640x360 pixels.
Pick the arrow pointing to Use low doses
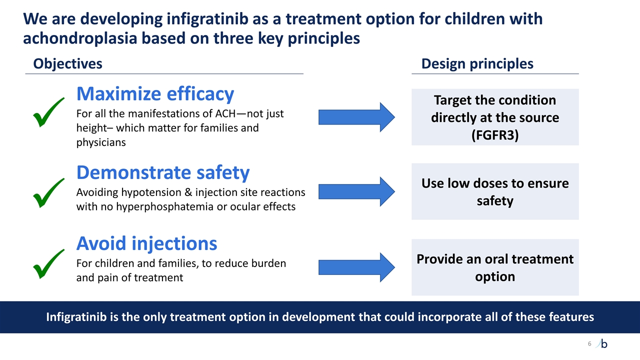click(x=356, y=191)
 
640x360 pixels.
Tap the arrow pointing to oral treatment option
click(x=356, y=267)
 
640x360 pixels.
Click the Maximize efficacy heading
click(x=155, y=93)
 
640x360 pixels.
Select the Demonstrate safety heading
click(x=162, y=172)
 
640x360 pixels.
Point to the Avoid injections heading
click(x=146, y=243)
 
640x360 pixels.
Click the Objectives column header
click(x=67, y=63)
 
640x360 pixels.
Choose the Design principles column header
click(x=477, y=63)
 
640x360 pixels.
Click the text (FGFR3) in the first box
click(x=495, y=135)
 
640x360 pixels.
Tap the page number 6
click(x=589, y=343)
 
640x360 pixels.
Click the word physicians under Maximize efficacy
click(x=100, y=142)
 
